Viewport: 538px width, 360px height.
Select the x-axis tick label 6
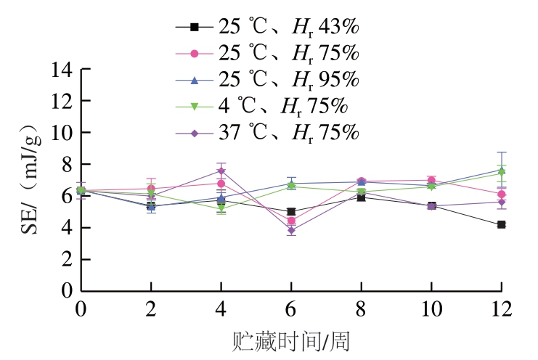[291, 309]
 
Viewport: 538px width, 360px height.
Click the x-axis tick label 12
[501, 309]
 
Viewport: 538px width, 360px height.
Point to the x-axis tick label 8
[361, 309]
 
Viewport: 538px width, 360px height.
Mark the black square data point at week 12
[501, 225]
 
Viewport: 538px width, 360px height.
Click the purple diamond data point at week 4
[221, 171]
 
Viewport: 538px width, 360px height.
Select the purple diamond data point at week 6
[291, 231]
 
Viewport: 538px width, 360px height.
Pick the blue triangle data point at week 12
[501, 170]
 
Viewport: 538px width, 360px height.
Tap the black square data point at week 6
[291, 212]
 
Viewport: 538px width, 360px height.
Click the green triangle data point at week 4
[221, 208]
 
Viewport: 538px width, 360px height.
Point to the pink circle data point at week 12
[501, 194]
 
